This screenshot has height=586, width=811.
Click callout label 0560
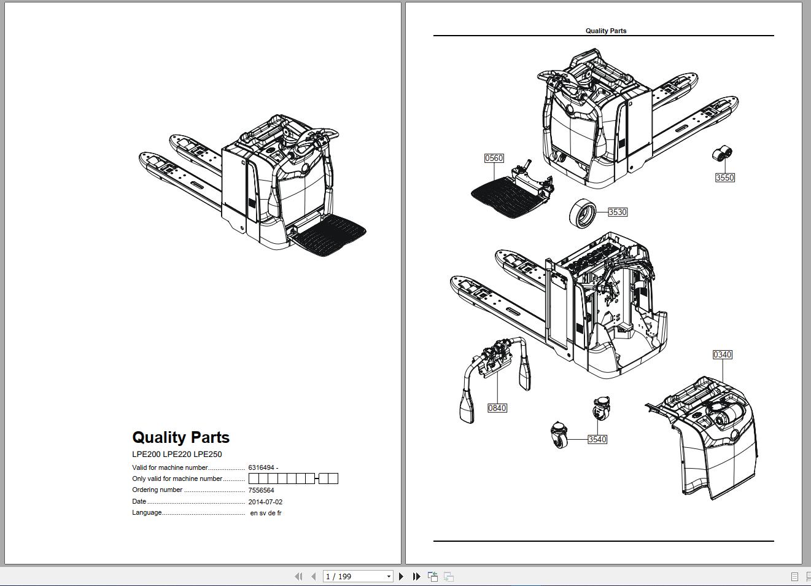point(494,158)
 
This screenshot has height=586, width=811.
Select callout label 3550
point(725,178)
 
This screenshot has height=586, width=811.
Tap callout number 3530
point(618,212)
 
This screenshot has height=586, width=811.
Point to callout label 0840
point(497,408)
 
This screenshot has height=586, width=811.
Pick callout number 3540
point(597,439)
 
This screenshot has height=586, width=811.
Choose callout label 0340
point(723,354)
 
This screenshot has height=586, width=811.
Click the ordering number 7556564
point(261,490)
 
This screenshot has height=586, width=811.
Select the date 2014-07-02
point(265,502)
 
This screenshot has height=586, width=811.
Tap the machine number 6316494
point(261,467)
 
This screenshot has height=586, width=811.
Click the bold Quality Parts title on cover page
point(180,437)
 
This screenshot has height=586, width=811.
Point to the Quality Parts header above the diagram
point(606,31)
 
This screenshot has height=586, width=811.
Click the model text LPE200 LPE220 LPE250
point(177,454)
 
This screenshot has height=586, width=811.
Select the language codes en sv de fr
point(266,513)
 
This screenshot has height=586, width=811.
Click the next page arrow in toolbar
point(401,576)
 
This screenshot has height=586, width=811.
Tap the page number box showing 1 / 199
point(357,576)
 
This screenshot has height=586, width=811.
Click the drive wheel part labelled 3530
point(583,213)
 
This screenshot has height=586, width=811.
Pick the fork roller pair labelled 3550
point(722,153)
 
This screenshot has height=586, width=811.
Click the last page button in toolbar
point(417,576)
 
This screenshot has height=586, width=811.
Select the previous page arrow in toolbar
point(314,576)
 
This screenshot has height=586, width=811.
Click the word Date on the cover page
point(139,501)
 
